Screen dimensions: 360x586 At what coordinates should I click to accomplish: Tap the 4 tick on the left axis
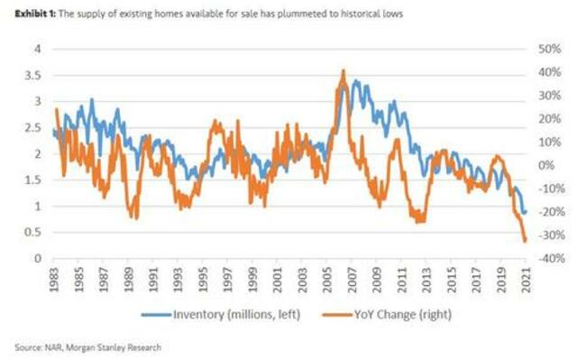point(37,49)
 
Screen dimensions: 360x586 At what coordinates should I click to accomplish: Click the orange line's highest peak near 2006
point(343,70)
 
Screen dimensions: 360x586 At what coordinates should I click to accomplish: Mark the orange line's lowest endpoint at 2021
point(526,241)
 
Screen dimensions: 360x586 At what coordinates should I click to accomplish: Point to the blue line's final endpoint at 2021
point(526,213)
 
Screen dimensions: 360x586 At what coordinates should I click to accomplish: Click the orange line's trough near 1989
point(135,217)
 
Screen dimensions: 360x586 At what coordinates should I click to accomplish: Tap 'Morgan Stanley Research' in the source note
point(97,346)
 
